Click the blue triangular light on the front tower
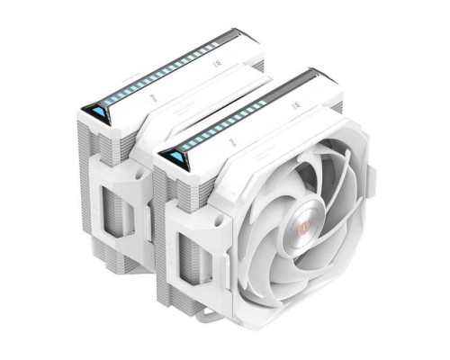point(175,158)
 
